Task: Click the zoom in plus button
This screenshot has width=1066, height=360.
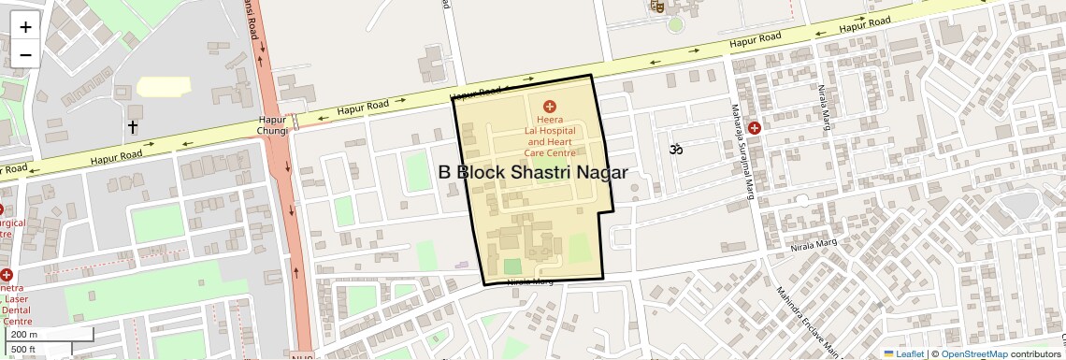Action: point(25,27)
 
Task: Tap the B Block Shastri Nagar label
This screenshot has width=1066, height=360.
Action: point(532,172)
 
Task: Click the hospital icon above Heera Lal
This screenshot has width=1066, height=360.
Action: point(550,107)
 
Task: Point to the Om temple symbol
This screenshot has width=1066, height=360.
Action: point(675,148)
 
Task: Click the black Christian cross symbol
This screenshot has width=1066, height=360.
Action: point(133,126)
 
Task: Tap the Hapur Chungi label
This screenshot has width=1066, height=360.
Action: point(273,125)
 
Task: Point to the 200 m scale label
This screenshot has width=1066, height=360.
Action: point(25,335)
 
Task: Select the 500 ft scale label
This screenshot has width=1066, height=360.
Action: point(23,350)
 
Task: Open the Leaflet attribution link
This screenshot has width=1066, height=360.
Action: point(903,353)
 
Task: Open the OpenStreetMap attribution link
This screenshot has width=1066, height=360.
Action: point(973,353)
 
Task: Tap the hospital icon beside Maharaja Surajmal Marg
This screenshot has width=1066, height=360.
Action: point(754,128)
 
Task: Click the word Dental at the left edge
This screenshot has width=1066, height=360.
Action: point(16,310)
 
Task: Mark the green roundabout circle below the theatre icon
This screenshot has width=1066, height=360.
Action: point(675,24)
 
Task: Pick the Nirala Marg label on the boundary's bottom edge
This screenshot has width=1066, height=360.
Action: point(529,281)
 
